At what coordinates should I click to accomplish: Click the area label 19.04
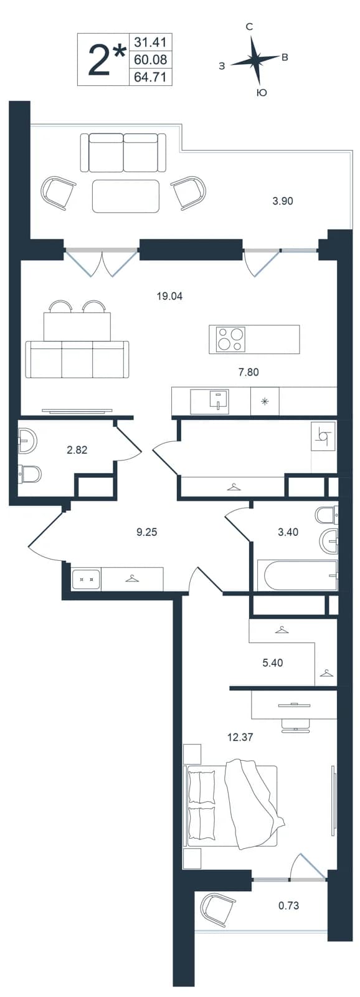(x=170, y=295)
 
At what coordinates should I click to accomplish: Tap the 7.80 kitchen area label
(x=249, y=371)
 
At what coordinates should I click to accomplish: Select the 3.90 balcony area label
(x=283, y=201)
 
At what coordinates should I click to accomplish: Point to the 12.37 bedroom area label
(x=240, y=737)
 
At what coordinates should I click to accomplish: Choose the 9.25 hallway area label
(x=146, y=532)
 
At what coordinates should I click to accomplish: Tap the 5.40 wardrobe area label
(x=273, y=663)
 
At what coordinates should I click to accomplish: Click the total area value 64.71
(x=150, y=77)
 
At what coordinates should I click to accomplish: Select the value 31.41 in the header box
(x=150, y=42)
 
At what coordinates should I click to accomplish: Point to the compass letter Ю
(x=262, y=93)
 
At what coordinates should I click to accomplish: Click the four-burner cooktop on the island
(x=230, y=339)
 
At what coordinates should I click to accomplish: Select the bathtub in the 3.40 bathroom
(x=297, y=576)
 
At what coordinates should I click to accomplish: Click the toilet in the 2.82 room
(x=30, y=474)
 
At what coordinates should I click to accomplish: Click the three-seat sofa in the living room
(x=77, y=360)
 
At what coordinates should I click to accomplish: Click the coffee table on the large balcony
(x=126, y=196)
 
